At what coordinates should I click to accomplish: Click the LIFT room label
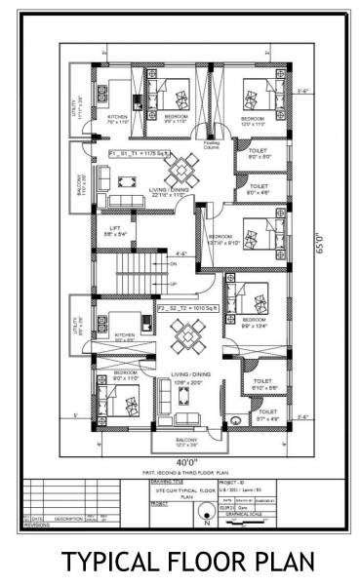click(115, 231)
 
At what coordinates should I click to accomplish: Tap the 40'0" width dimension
click(186, 461)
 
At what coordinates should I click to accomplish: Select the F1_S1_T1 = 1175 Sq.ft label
click(142, 154)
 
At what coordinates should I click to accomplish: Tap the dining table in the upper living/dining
click(180, 174)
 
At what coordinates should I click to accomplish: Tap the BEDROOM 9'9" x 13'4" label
click(255, 323)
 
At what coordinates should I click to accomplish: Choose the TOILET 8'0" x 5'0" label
click(259, 152)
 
